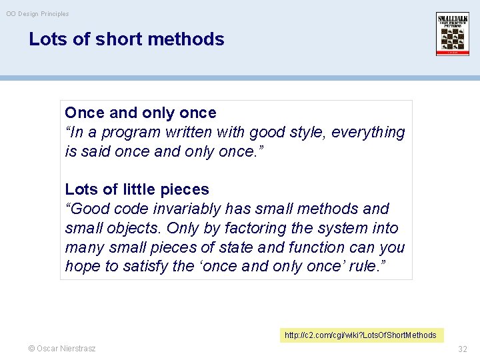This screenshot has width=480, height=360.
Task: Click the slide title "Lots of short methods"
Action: [127, 39]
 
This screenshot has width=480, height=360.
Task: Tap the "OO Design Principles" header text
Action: [37, 13]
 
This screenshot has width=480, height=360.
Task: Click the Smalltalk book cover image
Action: [453, 33]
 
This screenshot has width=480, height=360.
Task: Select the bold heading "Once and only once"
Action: [141, 113]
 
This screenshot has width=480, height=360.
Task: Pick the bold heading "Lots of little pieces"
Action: [137, 189]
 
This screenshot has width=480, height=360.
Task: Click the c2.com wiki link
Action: [360, 335]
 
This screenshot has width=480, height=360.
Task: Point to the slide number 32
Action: [463, 349]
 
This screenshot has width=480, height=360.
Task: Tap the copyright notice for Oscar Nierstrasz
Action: [61, 349]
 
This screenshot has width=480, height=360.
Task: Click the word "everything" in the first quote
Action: [371, 132]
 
